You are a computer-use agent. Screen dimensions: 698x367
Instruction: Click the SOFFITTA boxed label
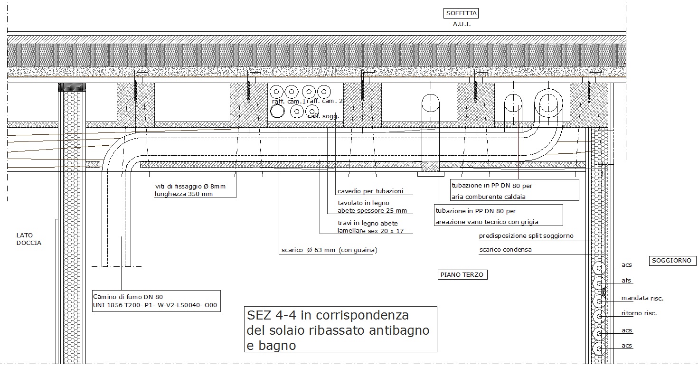click(461, 13)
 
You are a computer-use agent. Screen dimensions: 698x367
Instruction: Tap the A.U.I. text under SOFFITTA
click(462, 24)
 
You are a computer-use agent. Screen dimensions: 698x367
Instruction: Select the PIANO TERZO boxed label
click(462, 274)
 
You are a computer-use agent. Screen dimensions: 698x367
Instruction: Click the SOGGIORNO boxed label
click(672, 261)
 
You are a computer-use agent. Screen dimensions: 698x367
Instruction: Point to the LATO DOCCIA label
click(28, 239)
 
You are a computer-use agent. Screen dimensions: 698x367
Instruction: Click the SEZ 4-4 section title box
click(340, 329)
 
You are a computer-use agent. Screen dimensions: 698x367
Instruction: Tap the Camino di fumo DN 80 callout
click(156, 301)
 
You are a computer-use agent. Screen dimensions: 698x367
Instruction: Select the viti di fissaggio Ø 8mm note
click(190, 190)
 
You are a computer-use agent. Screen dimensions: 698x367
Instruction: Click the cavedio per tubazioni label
click(370, 191)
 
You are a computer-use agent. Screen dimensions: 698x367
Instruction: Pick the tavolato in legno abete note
click(372, 207)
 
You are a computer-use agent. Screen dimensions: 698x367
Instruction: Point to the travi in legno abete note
click(370, 227)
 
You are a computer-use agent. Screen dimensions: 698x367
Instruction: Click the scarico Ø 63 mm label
click(329, 250)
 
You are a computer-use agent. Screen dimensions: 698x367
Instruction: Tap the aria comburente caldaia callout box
click(514, 190)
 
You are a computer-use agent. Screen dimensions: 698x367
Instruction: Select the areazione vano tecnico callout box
click(498, 215)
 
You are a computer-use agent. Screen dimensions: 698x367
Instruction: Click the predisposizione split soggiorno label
click(526, 236)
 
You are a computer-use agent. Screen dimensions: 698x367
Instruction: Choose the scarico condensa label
click(505, 250)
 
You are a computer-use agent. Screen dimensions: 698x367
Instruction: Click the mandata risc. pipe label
click(642, 298)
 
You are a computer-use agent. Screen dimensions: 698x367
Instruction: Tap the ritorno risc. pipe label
click(639, 313)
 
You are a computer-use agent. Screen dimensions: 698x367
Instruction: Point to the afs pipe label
click(626, 281)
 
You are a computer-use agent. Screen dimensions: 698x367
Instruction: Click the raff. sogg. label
click(323, 116)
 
